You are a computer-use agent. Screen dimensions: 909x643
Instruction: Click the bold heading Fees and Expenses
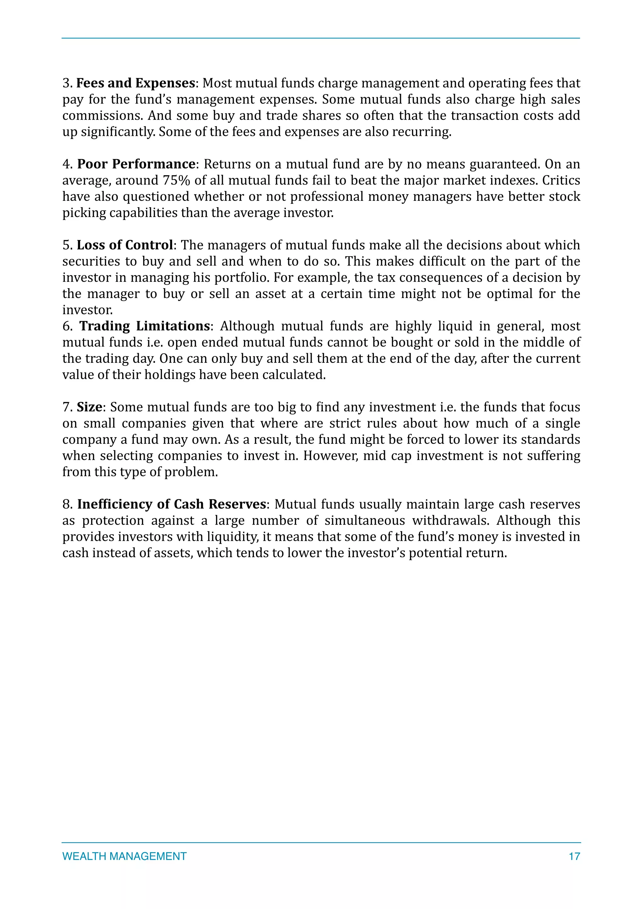click(x=135, y=83)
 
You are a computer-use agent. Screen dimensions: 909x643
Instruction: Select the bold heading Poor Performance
click(x=136, y=164)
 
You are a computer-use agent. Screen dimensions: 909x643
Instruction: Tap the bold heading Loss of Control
click(x=125, y=245)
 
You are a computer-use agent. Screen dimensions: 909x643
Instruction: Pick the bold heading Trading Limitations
click(x=144, y=326)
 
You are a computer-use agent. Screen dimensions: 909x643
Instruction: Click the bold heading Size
click(x=89, y=407)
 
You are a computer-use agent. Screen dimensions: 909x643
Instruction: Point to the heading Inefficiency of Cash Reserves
click(x=171, y=504)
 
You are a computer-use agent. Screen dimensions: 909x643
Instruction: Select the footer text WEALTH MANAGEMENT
click(x=124, y=856)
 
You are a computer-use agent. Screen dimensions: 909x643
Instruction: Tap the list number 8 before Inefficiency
click(x=67, y=504)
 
